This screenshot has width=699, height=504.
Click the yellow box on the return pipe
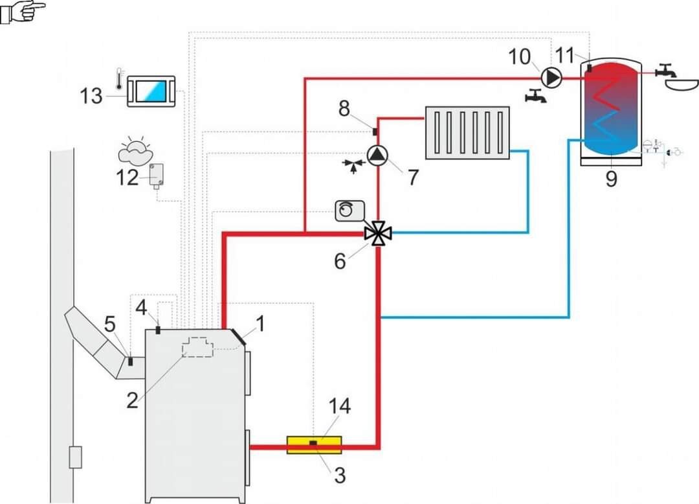point(314,445)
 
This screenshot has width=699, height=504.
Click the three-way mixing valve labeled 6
point(378,233)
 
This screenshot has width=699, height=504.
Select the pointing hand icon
point(23,11)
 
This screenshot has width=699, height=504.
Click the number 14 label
point(339,407)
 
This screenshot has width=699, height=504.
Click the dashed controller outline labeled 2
point(197,347)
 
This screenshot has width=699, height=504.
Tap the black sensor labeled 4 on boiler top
point(158,330)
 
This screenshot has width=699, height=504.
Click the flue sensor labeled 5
point(129,360)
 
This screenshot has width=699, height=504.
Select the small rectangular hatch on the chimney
point(75,457)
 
